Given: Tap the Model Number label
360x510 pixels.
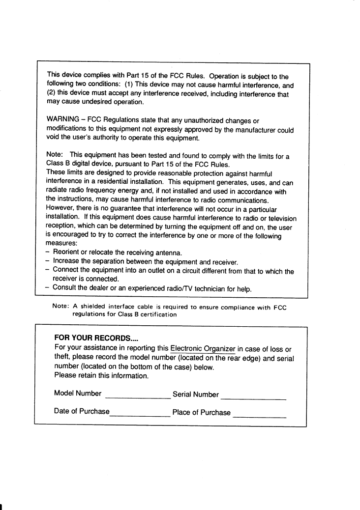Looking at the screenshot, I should coord(78,394).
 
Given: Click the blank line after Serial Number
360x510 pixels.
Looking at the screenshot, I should coord(254,397).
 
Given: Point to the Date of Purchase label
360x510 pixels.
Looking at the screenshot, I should coord(82,411).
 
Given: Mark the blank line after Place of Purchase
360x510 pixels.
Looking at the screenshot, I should coord(260,416).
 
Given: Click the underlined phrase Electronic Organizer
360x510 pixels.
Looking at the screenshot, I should coord(203,349).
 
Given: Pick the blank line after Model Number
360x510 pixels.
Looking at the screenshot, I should coord(137,397).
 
